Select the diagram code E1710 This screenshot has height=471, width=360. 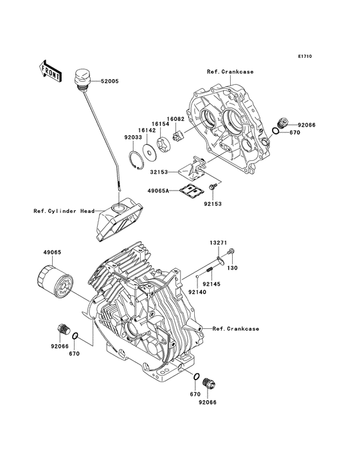click(x=304, y=56)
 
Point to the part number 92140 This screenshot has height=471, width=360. click(x=197, y=291)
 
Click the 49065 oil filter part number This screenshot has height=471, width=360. click(x=53, y=253)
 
